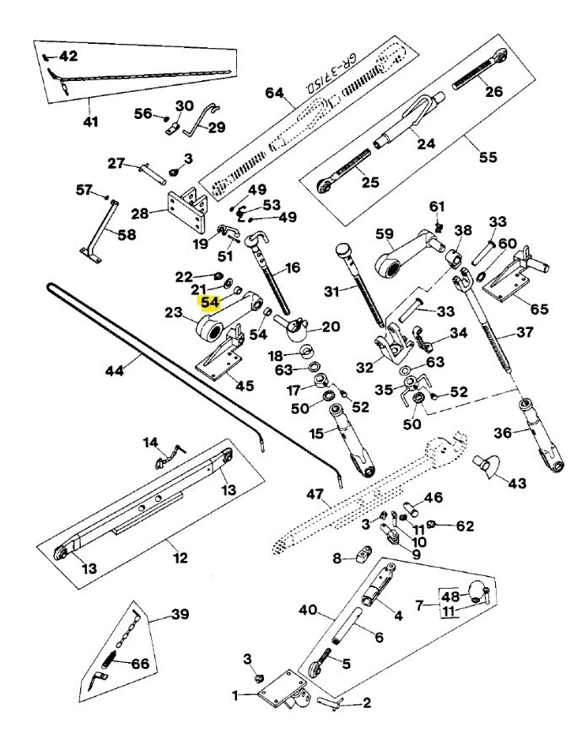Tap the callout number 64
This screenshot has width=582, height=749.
click(275, 92)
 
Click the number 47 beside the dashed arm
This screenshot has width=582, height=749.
click(315, 495)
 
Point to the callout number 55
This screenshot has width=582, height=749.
click(488, 157)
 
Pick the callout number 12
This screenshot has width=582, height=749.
click(181, 558)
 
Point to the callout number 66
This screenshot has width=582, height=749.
click(139, 665)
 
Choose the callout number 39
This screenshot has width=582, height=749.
click(180, 615)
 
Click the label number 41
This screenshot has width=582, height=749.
click(89, 122)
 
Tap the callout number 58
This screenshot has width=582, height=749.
click(126, 234)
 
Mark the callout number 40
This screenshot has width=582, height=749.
click(307, 610)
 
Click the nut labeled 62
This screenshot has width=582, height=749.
click(434, 525)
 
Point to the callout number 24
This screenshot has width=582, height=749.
click(425, 143)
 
